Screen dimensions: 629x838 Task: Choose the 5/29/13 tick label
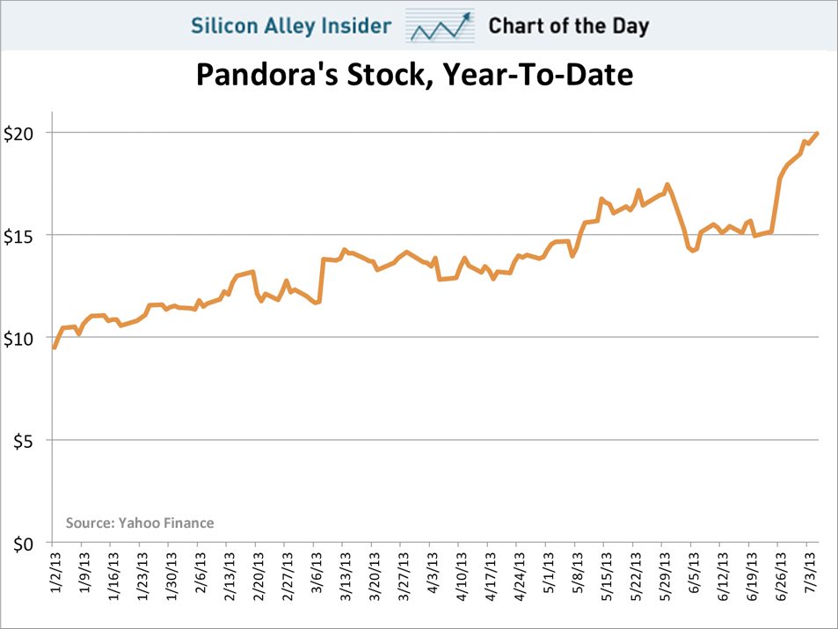[662, 575]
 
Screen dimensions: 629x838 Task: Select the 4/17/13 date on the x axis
[488, 575]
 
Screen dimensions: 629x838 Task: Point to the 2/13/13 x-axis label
[227, 575]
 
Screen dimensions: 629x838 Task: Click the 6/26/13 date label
[778, 575]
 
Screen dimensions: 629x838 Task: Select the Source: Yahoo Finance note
[140, 523]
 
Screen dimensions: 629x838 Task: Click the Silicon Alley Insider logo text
[291, 26]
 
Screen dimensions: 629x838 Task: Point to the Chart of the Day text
[569, 26]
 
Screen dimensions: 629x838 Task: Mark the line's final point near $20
[817, 134]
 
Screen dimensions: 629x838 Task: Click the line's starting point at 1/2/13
[55, 347]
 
